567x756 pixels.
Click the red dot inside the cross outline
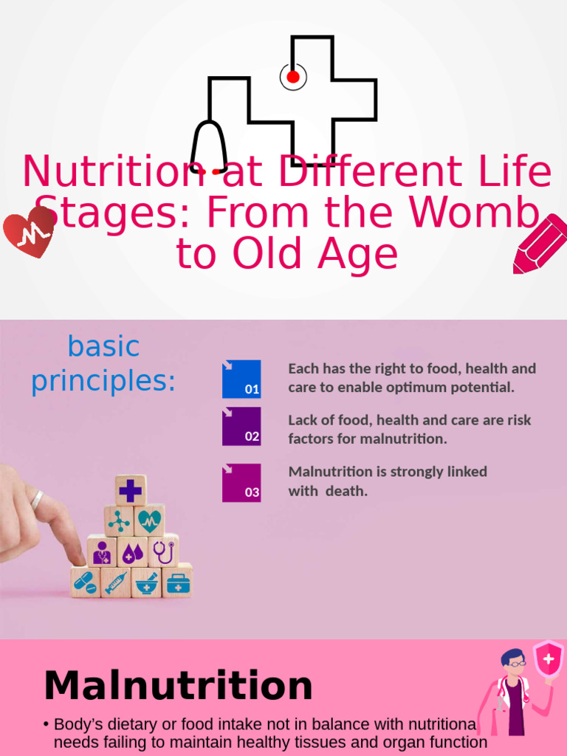pos(293,77)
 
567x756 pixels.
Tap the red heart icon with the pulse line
pos(29,231)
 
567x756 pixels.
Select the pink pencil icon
pos(540,244)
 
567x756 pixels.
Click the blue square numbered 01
pos(241,379)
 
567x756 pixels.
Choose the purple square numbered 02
pos(241,426)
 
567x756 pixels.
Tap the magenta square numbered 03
pos(241,483)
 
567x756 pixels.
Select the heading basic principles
pos(103,364)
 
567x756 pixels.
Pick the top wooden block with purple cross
pos(130,490)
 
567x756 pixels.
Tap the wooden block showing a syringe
pos(116,583)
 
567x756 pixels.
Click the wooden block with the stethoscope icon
pos(163,551)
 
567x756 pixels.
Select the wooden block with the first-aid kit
pos(177,582)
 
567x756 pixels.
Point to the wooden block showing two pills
pos(85,582)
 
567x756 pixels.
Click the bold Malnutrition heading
pos(178,686)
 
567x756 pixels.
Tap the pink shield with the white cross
pos(548,659)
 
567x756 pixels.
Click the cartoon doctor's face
pos(514,664)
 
